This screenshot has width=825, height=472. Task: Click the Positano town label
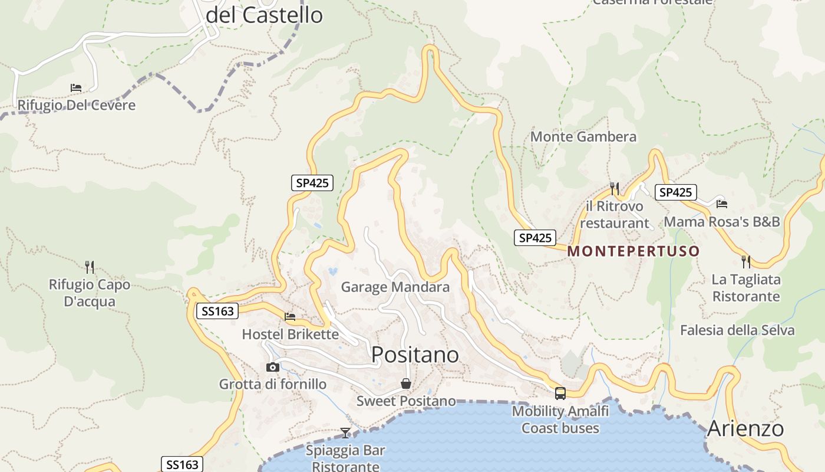click(415, 355)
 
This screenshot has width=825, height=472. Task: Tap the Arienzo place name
click(745, 428)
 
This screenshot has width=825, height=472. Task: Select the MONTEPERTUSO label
click(633, 251)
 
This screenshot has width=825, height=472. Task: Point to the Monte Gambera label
click(583, 137)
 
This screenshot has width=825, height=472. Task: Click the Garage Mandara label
click(395, 287)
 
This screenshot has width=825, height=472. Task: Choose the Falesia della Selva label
click(737, 330)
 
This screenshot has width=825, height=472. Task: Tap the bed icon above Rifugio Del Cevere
click(76, 88)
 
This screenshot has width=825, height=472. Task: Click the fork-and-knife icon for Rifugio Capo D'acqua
click(90, 267)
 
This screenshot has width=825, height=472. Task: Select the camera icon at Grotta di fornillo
click(272, 368)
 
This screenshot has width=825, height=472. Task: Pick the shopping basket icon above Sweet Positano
click(406, 384)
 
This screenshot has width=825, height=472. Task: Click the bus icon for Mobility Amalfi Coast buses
click(560, 393)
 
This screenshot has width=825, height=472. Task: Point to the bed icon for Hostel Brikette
click(290, 317)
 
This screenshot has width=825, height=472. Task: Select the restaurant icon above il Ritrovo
click(614, 188)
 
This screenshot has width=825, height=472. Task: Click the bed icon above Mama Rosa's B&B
click(722, 204)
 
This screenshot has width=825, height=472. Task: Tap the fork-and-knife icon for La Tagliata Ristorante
click(746, 261)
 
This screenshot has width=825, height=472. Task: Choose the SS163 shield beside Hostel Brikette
click(217, 311)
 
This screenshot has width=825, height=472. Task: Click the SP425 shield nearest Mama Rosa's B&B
click(675, 192)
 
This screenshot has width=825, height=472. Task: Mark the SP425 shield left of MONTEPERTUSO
click(535, 238)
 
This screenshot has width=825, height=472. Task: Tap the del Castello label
click(264, 15)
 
